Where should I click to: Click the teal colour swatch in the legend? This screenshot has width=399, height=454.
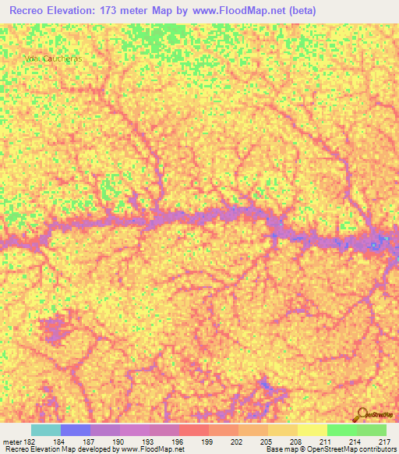[46, 430]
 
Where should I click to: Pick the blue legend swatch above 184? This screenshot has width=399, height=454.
[76, 430]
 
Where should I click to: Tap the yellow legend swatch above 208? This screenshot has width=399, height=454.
[283, 430]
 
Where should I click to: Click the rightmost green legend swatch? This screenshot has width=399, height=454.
[372, 430]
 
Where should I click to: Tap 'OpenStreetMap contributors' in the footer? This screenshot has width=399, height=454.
[346, 449]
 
